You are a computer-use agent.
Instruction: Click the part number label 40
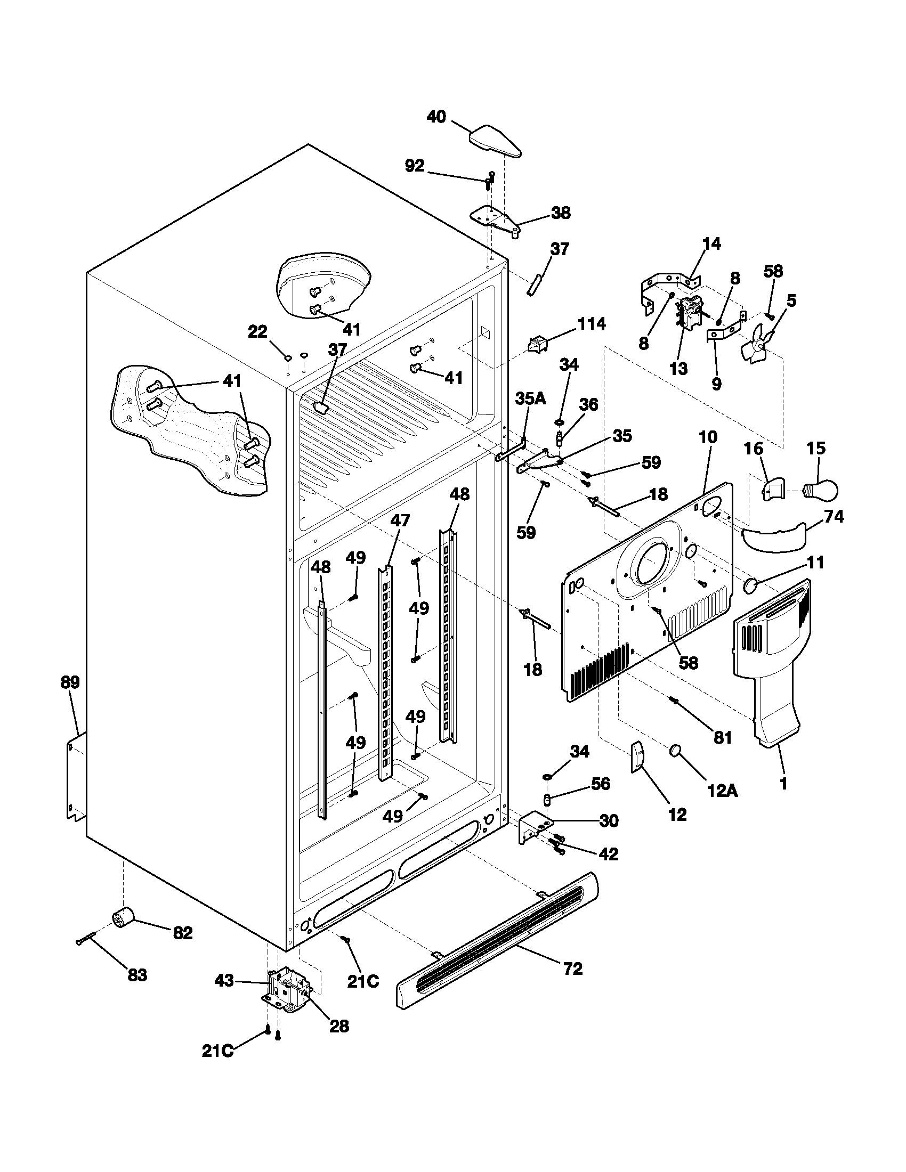point(436,117)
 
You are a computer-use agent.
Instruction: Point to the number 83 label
point(137,975)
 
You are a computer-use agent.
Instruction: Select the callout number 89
point(70,682)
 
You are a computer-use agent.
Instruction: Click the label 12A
point(723,791)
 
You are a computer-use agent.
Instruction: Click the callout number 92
point(414,166)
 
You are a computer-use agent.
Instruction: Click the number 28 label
point(339,1027)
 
